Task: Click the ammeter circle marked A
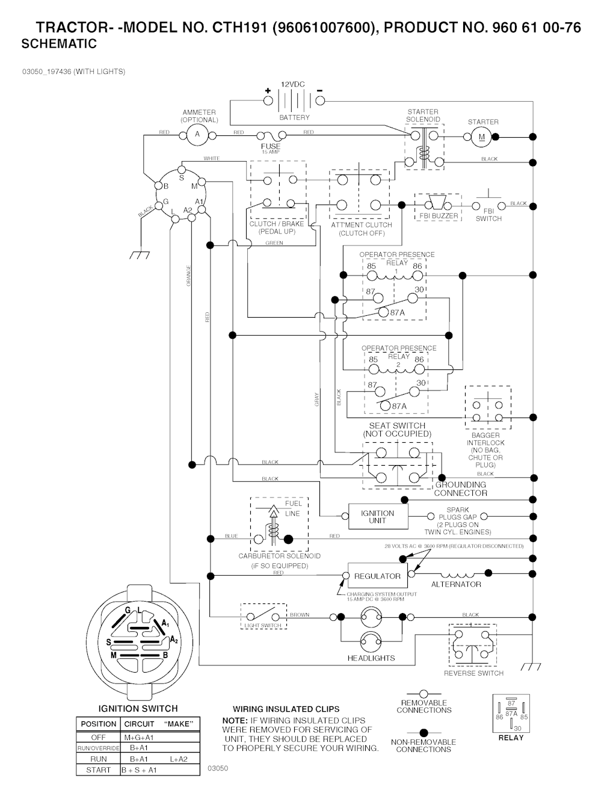tap(197, 135)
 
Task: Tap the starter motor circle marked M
tap(481, 137)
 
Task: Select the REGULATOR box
tap(377, 576)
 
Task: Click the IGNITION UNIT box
tap(377, 517)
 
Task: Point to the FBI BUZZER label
tap(439, 216)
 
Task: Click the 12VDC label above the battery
tap(294, 85)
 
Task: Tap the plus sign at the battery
tap(268, 90)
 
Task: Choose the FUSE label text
tap(271, 146)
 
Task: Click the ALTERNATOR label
tap(456, 584)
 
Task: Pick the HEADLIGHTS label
tap(371, 658)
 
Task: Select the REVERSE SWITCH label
tap(473, 673)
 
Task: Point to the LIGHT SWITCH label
tap(262, 626)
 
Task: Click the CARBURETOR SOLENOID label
tap(279, 556)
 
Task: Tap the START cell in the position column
tap(99, 769)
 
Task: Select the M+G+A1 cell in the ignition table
tap(139, 737)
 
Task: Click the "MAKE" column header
tap(178, 724)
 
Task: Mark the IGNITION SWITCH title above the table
tap(138, 709)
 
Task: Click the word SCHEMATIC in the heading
tap(59, 44)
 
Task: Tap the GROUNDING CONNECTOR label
tap(461, 489)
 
